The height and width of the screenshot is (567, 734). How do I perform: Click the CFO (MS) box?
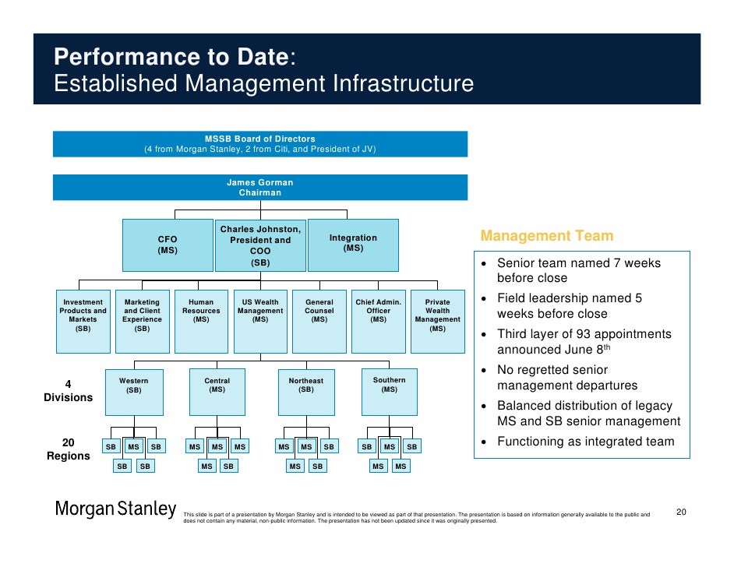pos(168,245)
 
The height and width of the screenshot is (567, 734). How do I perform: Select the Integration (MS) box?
pos(353,245)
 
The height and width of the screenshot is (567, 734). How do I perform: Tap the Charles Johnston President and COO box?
pos(260,245)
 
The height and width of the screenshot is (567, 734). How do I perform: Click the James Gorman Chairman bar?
pos(260,188)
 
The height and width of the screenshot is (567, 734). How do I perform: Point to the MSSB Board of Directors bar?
pos(260,144)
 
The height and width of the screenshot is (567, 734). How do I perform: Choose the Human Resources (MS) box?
pos(201,319)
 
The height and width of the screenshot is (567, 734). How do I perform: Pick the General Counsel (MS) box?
pos(319,319)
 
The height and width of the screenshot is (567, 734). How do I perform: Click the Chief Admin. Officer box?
pos(379,319)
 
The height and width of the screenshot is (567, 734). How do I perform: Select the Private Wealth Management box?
pos(438,319)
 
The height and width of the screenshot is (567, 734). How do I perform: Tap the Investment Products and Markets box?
pos(83,319)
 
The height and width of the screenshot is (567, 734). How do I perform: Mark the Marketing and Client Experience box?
pos(142,319)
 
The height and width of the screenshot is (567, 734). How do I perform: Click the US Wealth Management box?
pos(260,319)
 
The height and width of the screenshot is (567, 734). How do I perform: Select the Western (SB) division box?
pos(134,392)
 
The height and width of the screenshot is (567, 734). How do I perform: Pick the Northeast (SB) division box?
pos(305,392)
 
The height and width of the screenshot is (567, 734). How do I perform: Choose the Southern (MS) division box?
pos(389,392)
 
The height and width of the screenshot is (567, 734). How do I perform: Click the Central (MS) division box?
pos(217,392)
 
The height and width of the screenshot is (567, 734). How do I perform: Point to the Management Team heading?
pos(547,236)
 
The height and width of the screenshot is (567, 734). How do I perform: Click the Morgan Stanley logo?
pos(115,510)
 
